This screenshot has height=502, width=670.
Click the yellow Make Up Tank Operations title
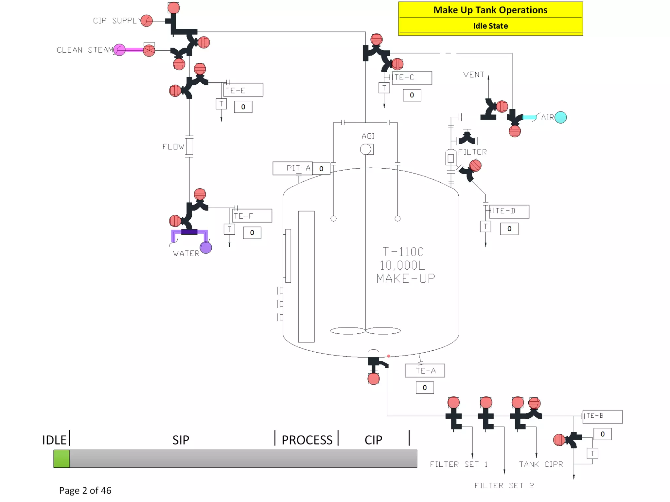[490, 10]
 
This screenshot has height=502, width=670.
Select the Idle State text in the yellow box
[490, 26]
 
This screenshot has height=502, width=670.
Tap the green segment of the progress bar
[62, 459]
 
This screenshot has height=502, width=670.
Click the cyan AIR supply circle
[560, 117]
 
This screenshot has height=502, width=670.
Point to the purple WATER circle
[206, 248]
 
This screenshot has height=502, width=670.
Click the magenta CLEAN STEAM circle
[119, 50]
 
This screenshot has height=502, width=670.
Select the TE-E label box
[243, 90]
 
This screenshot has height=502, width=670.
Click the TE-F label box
[252, 216]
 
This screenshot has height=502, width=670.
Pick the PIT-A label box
[292, 168]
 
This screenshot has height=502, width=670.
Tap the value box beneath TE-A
[425, 388]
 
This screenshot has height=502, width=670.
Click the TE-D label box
[509, 211]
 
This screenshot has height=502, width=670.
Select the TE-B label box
[602, 416]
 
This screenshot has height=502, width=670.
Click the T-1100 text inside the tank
[403, 252]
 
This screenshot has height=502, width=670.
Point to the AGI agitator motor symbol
[366, 149]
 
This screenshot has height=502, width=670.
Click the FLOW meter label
[173, 147]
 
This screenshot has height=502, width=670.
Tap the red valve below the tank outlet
[373, 379]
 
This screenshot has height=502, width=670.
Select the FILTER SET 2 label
[504, 486]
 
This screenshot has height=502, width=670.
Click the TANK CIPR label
[541, 464]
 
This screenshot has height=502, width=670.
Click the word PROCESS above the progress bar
[307, 440]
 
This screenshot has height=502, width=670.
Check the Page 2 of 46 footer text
[85, 490]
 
